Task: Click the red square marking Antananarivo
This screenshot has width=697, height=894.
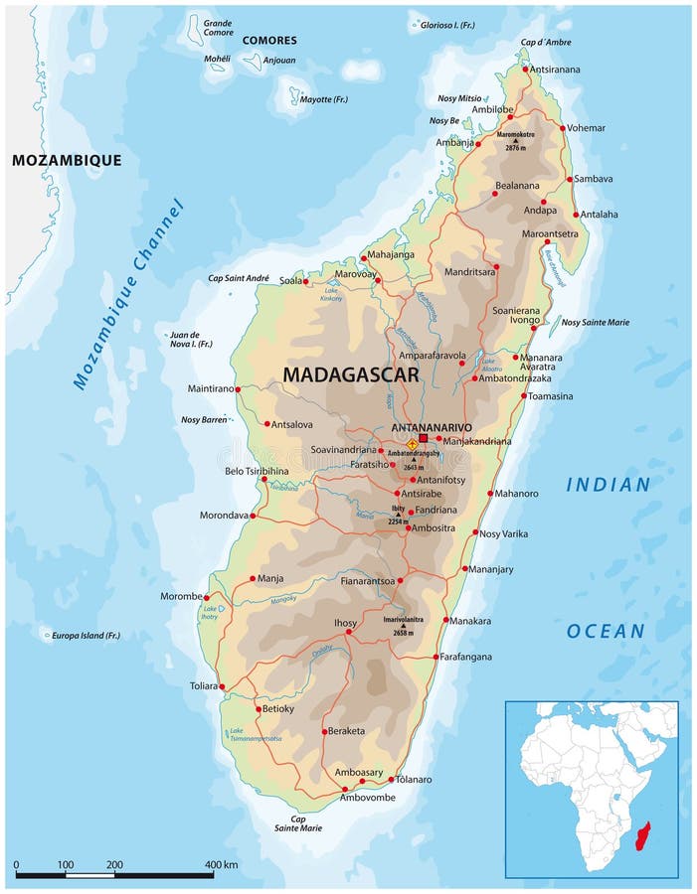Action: pos(423,437)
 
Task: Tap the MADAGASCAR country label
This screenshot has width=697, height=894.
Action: pos(351,374)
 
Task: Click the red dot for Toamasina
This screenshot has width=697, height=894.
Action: pos(524,395)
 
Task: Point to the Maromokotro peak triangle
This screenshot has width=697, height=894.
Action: pos(515,140)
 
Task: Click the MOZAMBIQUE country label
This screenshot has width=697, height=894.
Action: pos(67,160)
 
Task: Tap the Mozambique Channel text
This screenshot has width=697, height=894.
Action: pos(128,294)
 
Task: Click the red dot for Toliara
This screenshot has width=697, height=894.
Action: pos(223,686)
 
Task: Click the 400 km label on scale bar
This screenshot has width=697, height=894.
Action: pos(221,865)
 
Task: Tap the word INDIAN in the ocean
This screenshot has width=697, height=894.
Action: pos(608,485)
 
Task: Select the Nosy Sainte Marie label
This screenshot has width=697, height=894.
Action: pos(595,322)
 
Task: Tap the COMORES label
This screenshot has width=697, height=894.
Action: pos(268,41)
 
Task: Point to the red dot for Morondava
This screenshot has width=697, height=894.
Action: pos(253,516)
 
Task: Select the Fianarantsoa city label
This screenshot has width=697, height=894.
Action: pos(367,580)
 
